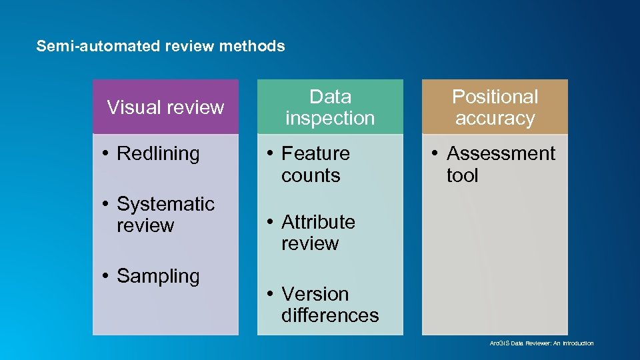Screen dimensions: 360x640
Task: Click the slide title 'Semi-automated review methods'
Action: [x=161, y=47]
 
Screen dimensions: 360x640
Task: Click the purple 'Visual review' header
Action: [x=165, y=107]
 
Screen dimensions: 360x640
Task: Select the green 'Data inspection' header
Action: [x=330, y=107]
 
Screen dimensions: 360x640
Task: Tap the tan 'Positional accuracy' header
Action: [x=495, y=107]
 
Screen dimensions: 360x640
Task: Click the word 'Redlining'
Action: [x=158, y=153]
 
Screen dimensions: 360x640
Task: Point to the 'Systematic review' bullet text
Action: [x=165, y=214]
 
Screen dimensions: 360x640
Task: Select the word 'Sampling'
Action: [x=158, y=276]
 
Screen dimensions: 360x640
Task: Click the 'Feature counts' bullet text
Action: [x=315, y=164]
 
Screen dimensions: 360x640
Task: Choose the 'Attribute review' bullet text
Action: [x=317, y=232]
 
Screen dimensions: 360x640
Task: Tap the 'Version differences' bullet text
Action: [x=329, y=304]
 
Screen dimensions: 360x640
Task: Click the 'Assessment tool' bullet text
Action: [x=500, y=164]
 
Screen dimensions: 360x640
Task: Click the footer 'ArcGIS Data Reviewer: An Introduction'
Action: [x=541, y=343]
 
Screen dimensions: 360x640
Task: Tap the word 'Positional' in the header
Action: [x=495, y=97]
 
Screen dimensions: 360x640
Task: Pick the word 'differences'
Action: [x=330, y=315]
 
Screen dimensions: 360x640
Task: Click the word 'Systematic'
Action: [x=165, y=203]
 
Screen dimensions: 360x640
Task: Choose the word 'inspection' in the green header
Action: [x=330, y=118]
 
